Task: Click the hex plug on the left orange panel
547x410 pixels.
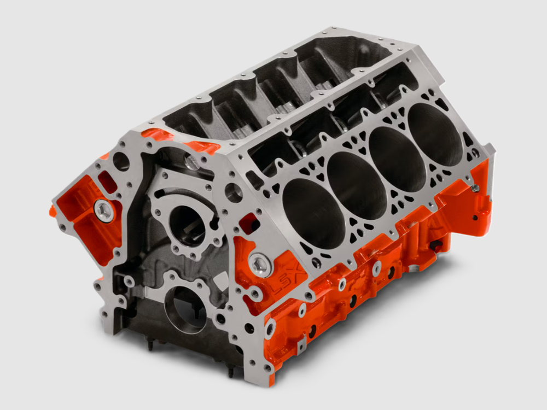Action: click(103, 210)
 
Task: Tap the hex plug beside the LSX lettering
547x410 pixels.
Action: click(258, 264)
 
